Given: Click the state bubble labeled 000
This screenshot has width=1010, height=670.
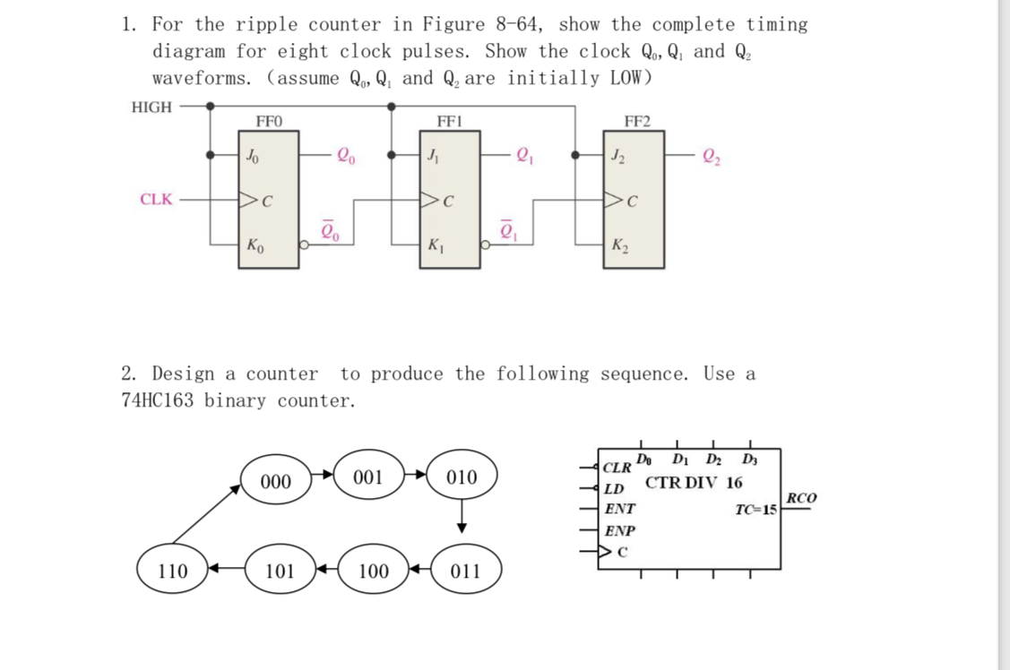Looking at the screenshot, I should click(x=275, y=482).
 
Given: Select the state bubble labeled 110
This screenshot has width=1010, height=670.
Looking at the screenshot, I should click(x=173, y=571).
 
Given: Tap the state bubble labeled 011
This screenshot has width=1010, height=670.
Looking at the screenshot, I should click(x=465, y=571).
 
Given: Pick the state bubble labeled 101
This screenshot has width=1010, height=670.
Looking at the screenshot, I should click(x=280, y=571).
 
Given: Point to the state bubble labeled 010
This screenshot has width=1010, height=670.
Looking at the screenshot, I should click(x=462, y=477).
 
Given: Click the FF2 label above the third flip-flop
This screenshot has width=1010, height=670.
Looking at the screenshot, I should click(x=636, y=121).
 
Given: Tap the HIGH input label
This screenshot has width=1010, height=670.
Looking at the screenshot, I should click(x=151, y=107).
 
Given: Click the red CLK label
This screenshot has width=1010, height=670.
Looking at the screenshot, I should click(x=156, y=199).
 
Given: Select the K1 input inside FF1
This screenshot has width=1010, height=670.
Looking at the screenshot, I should click(x=436, y=245).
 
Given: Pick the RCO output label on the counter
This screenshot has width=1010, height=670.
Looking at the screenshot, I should click(x=800, y=498).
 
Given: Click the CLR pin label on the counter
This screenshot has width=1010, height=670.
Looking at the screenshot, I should click(x=617, y=468).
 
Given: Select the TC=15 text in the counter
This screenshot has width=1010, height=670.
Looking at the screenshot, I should click(x=755, y=510).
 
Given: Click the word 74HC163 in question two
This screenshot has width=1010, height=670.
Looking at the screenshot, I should click(x=159, y=400).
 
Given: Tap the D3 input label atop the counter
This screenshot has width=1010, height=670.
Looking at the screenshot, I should click(x=749, y=460).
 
